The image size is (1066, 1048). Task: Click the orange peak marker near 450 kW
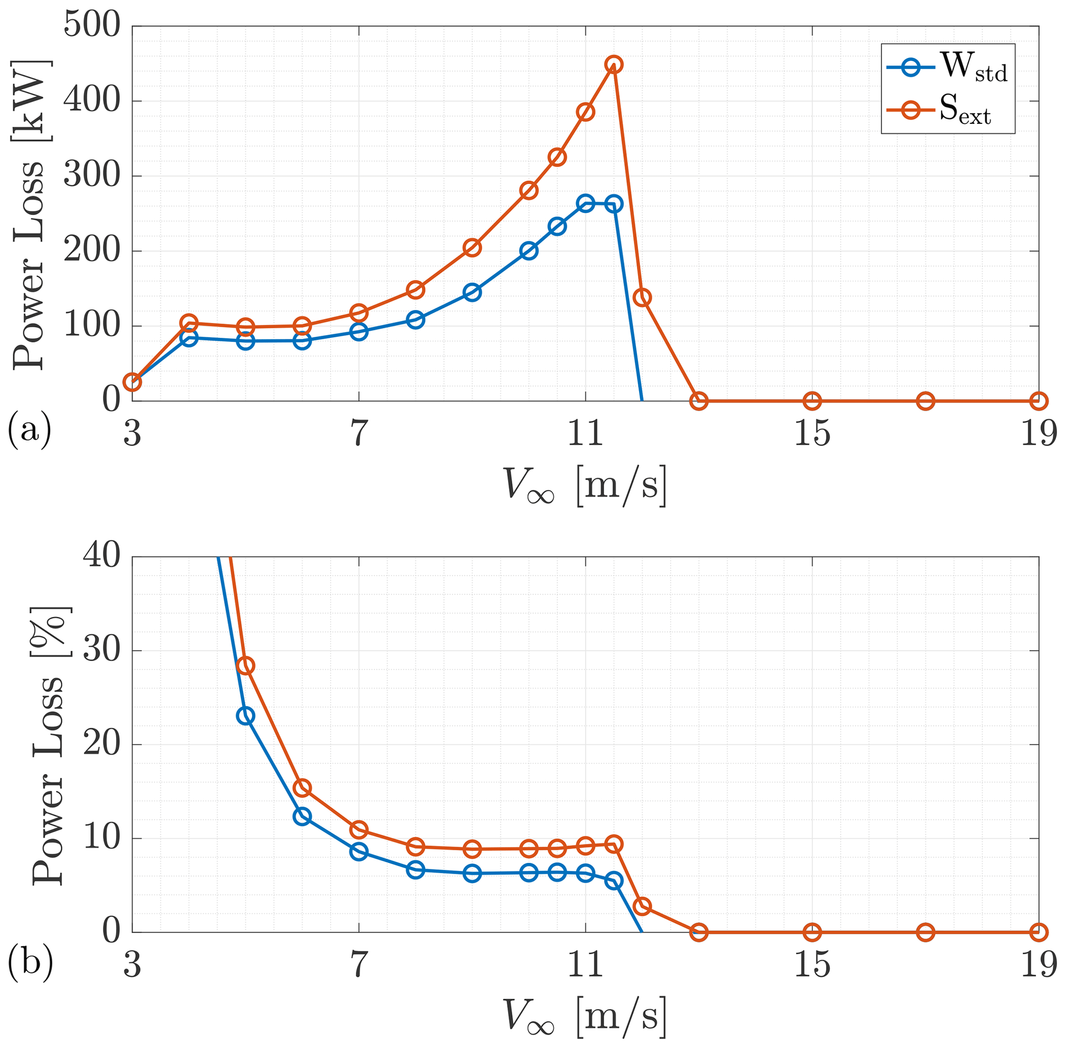tap(614, 64)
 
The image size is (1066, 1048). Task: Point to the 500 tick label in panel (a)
tap(91, 25)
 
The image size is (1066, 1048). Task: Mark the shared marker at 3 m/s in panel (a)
tap(132, 382)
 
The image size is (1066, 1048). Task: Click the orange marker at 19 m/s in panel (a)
tap(1039, 401)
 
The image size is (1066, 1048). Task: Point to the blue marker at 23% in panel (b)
tap(245, 716)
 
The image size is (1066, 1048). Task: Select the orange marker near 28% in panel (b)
tap(245, 665)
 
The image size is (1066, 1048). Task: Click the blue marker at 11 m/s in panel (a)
tap(585, 204)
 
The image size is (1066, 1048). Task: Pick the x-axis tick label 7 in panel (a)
tap(358, 433)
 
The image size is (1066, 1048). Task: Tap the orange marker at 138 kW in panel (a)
tap(642, 297)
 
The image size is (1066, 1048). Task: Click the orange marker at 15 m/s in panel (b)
tap(812, 932)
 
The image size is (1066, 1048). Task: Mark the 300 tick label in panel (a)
tap(91, 176)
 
